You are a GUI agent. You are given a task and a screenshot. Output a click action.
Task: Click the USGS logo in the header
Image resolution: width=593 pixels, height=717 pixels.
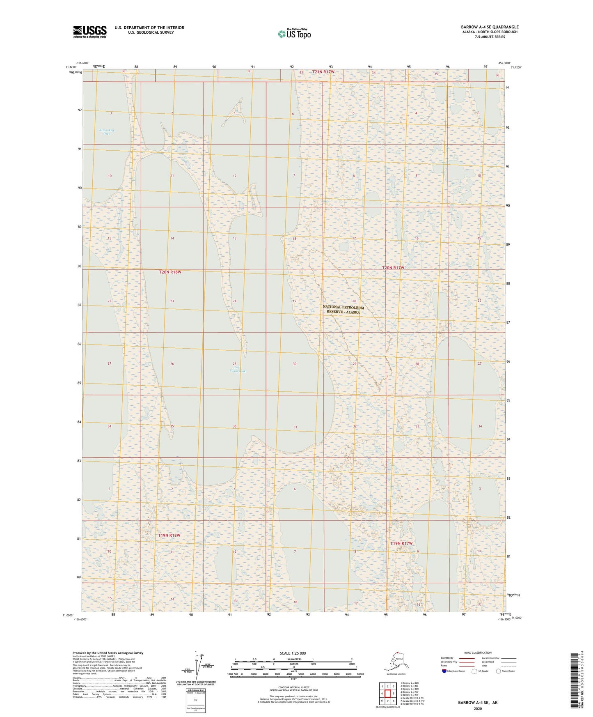[89, 32]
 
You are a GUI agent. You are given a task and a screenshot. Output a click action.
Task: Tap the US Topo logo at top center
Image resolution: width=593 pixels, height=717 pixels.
[294, 34]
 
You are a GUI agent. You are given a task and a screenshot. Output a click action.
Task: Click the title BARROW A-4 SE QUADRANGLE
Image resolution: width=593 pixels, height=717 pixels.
[489, 27]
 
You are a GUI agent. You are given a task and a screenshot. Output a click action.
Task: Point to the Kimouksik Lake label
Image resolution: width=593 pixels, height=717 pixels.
[107, 132]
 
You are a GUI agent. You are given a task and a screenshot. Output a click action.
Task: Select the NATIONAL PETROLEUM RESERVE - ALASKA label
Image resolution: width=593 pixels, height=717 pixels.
[343, 310]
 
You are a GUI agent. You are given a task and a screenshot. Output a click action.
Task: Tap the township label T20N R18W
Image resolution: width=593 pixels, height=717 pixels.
[170, 272]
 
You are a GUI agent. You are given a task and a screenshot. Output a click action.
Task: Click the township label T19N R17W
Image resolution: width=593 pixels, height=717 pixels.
[401, 543]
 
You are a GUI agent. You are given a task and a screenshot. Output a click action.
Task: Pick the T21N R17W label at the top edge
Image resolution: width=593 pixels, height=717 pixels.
[323, 72]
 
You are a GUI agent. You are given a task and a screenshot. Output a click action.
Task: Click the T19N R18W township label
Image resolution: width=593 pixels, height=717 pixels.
[169, 535]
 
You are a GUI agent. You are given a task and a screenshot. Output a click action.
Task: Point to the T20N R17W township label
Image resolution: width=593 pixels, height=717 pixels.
[393, 268]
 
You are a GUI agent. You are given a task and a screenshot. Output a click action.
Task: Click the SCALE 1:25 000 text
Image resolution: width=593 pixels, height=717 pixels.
[293, 653]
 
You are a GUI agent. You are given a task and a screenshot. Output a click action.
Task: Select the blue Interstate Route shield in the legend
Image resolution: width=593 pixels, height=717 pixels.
[444, 671]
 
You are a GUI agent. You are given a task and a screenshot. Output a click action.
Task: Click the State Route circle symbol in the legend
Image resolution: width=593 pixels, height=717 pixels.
[499, 671]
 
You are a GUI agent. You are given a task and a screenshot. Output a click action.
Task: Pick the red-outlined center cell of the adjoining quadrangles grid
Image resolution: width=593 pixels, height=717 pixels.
[387, 694]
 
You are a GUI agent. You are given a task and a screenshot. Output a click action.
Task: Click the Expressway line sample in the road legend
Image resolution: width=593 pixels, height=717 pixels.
[467, 658]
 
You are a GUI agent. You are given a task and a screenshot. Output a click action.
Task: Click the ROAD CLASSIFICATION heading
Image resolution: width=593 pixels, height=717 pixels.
[478, 653]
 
